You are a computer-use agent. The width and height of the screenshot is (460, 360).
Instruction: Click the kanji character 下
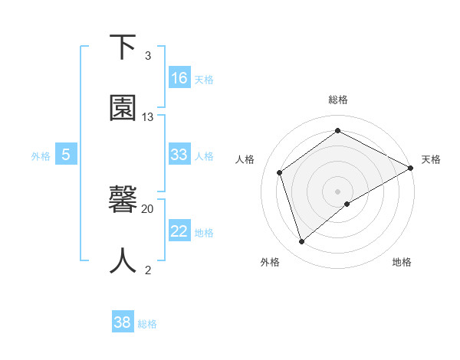point(123,47)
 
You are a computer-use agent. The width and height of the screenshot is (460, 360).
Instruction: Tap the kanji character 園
point(123,109)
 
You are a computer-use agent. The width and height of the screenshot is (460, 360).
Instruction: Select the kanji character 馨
point(123,200)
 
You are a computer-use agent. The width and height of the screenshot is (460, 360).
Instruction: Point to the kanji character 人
point(123,260)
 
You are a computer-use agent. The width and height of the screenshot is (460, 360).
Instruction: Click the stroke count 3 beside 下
point(148,56)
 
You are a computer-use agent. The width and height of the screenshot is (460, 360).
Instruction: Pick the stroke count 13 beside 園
point(148,117)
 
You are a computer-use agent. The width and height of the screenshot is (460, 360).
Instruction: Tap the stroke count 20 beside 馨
point(148,208)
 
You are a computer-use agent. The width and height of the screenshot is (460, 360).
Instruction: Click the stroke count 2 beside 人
point(148,270)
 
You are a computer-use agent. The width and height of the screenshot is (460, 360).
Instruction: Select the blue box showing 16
point(179,78)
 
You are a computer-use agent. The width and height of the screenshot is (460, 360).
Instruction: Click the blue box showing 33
point(179,155)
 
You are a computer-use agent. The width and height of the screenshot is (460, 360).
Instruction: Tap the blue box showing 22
point(179,231)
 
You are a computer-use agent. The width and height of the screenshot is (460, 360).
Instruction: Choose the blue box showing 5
point(66,155)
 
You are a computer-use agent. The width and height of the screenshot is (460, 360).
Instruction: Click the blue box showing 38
point(122,322)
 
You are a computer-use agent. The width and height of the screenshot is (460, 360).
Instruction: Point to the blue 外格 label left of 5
point(41,155)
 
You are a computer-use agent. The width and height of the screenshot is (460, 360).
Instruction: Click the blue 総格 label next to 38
point(147,324)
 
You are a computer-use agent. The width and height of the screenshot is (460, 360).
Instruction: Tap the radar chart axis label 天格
point(431,159)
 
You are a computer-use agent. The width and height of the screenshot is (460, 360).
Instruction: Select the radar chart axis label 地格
point(402,262)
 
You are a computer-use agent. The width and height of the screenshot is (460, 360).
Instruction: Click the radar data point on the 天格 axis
point(411,168)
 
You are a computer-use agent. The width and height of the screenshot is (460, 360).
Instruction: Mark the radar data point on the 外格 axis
point(301,242)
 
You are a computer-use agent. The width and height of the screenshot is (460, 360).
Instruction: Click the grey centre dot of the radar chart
point(338,191)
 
